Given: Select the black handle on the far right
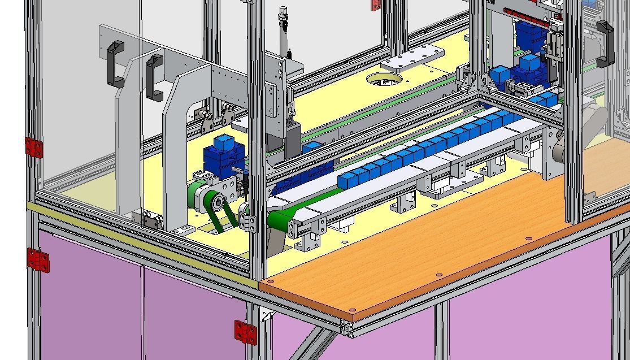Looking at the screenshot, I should tap(604, 42).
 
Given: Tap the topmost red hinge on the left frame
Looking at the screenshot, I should tap(34, 147).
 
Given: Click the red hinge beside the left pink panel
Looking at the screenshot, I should tap(38, 259).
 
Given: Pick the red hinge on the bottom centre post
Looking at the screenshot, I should tap(245, 331).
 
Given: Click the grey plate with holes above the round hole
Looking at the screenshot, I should tap(413, 58).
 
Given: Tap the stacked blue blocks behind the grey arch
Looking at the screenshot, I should tap(221, 155).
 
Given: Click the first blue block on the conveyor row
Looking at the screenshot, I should tap(346, 180).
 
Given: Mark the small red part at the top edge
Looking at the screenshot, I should tap(374, 5).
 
